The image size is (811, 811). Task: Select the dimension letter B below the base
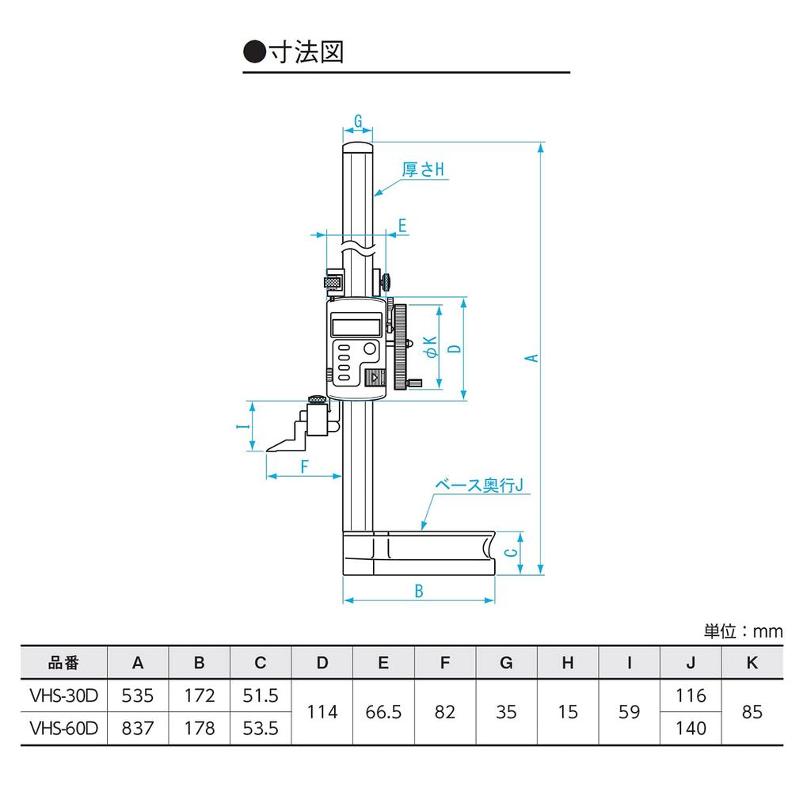pyautogui.click(x=419, y=590)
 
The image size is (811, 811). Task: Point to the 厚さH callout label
pyautogui.click(x=423, y=169)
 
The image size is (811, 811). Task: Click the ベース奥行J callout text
pyautogui.click(x=481, y=485)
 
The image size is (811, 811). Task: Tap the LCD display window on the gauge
pyautogui.click(x=356, y=325)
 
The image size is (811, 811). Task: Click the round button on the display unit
pyautogui.click(x=370, y=349)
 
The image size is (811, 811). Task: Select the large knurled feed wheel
pyautogui.click(x=401, y=345)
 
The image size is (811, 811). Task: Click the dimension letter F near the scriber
pyautogui.click(x=304, y=466)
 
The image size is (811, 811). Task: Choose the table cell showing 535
pyautogui.click(x=137, y=696)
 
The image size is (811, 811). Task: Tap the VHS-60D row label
pyautogui.click(x=63, y=727)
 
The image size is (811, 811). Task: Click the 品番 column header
pyautogui.click(x=63, y=663)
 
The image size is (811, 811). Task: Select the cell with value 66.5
pyautogui.click(x=383, y=712)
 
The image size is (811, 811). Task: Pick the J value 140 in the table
pyautogui.click(x=691, y=727)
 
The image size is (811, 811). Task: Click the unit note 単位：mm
pyautogui.click(x=742, y=631)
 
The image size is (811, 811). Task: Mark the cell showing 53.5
pyautogui.click(x=261, y=727)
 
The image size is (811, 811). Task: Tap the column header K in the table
pyautogui.click(x=752, y=663)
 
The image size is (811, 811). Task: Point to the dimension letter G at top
pyautogui.click(x=358, y=121)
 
